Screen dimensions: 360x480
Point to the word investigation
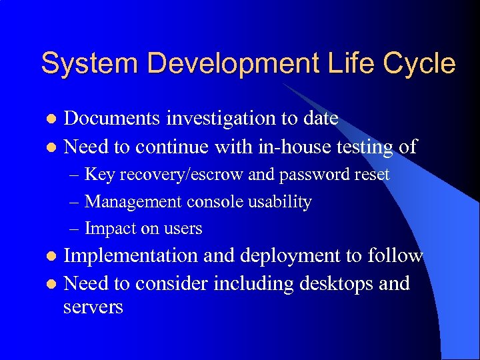[x=214, y=119]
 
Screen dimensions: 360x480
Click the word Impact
[x=109, y=229]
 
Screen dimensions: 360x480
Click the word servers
[x=93, y=307]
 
